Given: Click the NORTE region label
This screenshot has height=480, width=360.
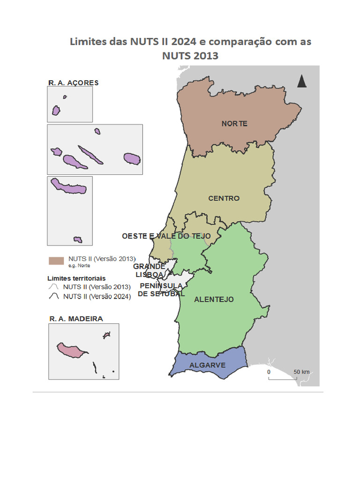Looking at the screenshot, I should tap(234, 124).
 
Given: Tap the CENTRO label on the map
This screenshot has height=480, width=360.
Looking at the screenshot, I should tap(224, 198).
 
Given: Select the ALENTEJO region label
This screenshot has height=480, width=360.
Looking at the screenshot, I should tap(214, 299).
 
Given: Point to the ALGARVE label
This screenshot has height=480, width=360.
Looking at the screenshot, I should tap(207, 365).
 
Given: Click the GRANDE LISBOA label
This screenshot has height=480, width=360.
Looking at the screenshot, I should tap(149, 270).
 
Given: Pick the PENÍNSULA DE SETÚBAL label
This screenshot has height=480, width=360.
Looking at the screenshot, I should tap(161, 290).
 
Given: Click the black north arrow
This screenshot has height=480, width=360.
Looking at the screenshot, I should tap(302, 81).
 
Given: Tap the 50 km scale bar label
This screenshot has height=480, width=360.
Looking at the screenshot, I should tap(301, 372).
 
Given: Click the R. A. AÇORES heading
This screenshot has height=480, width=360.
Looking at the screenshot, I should tap(74, 82).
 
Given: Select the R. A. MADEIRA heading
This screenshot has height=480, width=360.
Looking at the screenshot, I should tap(76, 319).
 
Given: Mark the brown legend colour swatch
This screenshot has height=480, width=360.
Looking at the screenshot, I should tap(56, 260).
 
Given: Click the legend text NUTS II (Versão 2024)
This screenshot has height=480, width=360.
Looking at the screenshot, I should tap(97, 296).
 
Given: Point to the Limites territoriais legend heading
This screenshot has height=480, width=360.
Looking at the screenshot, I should tap(76, 277).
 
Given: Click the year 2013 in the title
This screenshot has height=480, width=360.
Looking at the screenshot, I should tap(205, 56).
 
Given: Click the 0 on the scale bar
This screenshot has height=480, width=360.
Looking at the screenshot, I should tap(269, 372).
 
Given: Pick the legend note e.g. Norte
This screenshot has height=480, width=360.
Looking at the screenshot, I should tap(79, 265).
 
